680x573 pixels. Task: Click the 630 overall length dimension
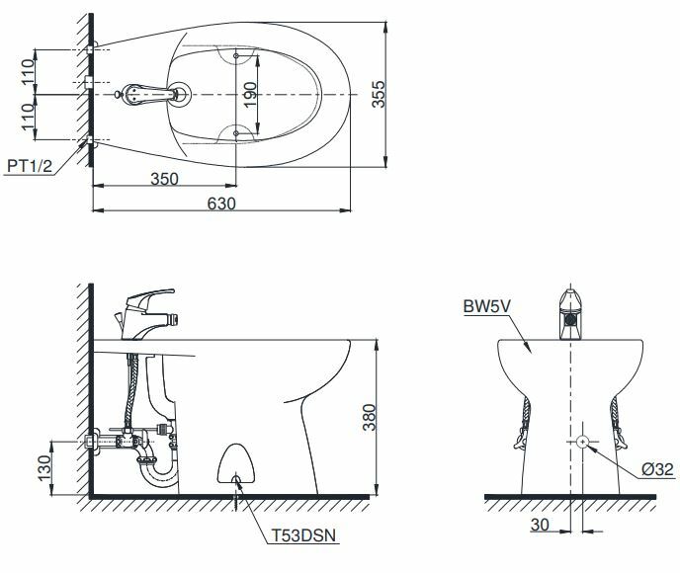coord(221,203)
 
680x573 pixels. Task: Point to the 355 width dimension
coord(378,95)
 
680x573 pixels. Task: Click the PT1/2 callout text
coord(28,166)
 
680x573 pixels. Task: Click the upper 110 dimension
coord(29,69)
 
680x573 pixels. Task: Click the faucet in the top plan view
coord(153,95)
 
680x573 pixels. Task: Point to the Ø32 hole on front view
coord(583,440)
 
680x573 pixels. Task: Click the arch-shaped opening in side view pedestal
coord(235,464)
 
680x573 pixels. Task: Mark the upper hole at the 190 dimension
coord(237,56)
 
